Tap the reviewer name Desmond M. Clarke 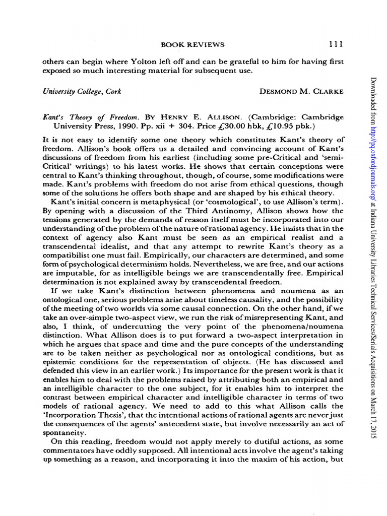301,91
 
